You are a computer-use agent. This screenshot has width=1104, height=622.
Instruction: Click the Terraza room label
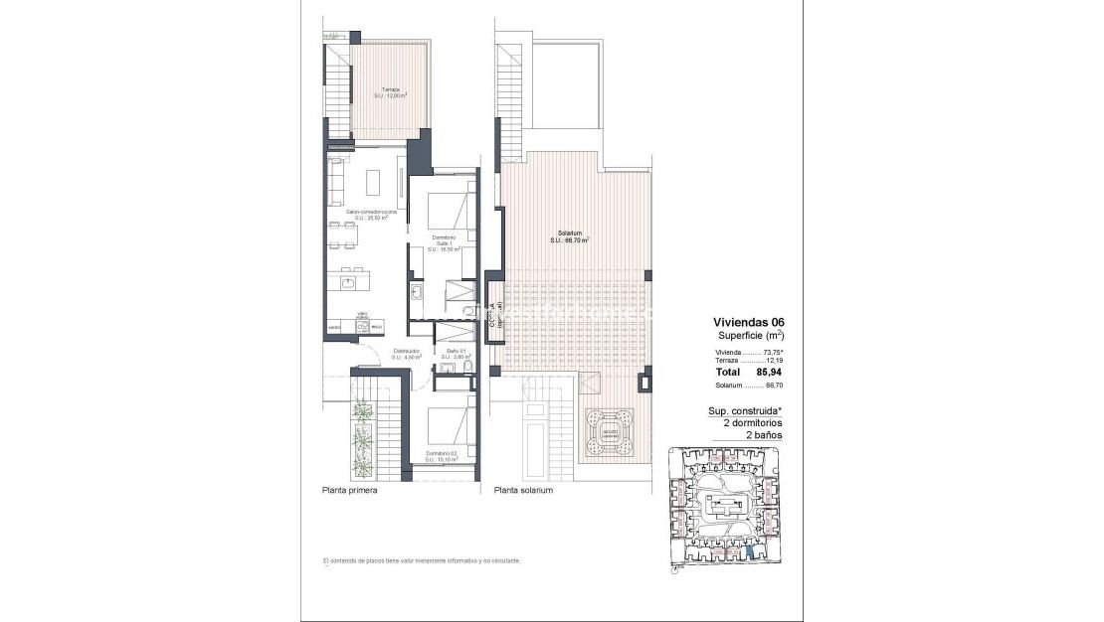(x=391, y=92)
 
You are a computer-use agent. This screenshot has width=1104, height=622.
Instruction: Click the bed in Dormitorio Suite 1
(x=444, y=210)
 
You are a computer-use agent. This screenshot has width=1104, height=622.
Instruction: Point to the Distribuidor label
(x=407, y=351)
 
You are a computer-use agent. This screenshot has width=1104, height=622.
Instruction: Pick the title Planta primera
(x=349, y=491)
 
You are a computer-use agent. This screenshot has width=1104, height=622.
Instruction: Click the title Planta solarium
(x=523, y=491)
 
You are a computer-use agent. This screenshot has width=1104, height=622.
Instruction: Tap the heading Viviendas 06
(x=749, y=322)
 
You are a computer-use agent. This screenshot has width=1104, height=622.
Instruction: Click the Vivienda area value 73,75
(x=768, y=353)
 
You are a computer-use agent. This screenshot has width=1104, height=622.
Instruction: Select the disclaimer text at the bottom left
(x=422, y=561)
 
